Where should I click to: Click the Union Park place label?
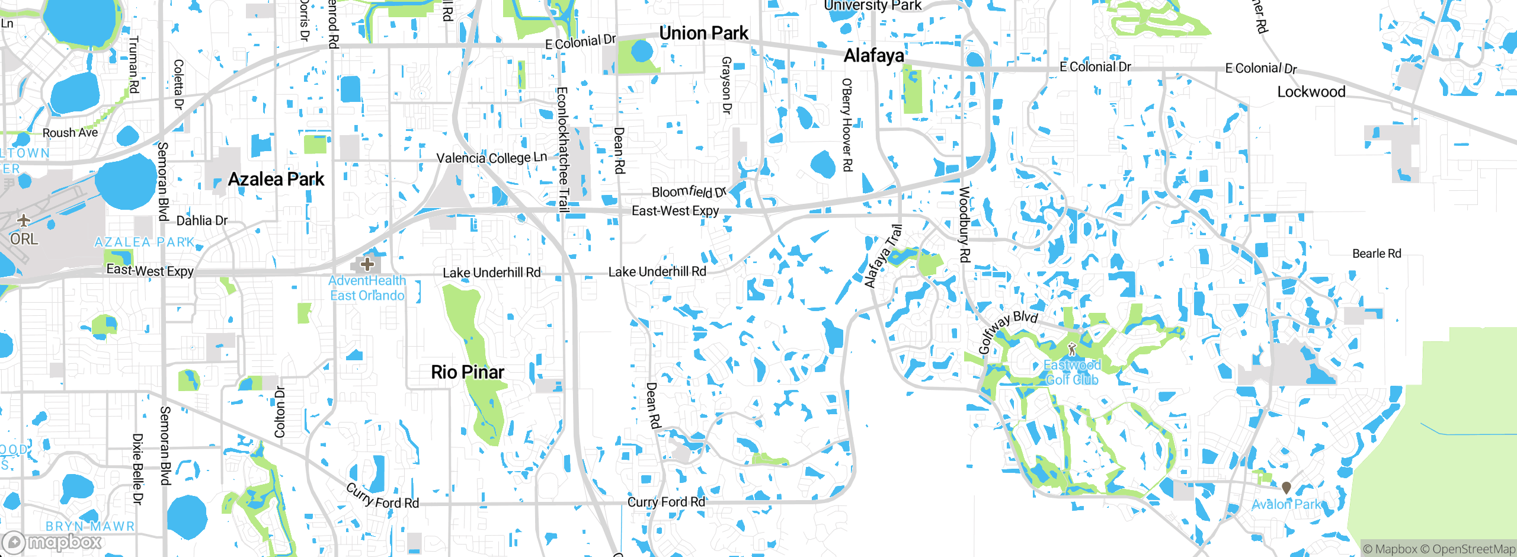tap(703, 33)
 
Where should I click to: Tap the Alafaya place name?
tap(873, 56)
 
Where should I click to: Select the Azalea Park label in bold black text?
tap(276, 179)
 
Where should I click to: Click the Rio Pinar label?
tap(467, 372)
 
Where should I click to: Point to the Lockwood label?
tap(1311, 92)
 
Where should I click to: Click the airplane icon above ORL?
tap(24, 220)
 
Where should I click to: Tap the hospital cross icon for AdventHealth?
tap(367, 264)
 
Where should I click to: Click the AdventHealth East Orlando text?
tap(367, 288)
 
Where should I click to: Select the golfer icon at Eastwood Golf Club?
tap(1071, 349)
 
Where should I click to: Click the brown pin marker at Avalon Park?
tap(1286, 488)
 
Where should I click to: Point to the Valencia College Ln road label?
tap(491, 158)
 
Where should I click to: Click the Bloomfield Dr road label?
tap(689, 192)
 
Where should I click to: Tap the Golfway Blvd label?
tap(1007, 331)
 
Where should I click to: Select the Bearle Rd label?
tap(1376, 254)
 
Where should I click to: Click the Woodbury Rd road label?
tap(964, 225)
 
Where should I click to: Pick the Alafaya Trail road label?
tap(883, 257)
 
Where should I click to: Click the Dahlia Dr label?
tap(202, 220)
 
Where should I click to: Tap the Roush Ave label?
tap(70, 133)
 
